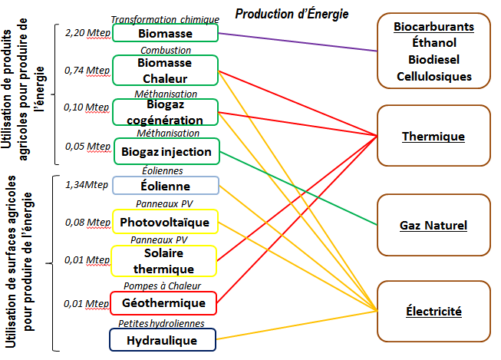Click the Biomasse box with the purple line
[x=165, y=34]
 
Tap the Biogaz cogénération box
[x=165, y=113]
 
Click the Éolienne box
[x=165, y=186]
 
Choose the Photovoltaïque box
[x=165, y=223]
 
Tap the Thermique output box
[x=433, y=137]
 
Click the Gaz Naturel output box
[x=433, y=225]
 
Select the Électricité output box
[x=433, y=312]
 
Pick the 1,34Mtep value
[x=86, y=184]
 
